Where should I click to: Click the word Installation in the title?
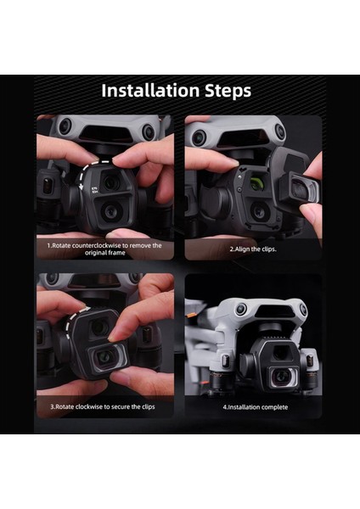click(x=150, y=90)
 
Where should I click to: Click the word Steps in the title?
click(x=228, y=91)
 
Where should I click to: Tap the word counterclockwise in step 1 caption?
click(x=97, y=245)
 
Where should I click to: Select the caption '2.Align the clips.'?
click(x=253, y=249)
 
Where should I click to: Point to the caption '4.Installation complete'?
click(x=256, y=407)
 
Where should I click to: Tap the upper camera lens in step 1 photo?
click(x=111, y=182)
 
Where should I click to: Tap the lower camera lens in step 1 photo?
click(x=110, y=211)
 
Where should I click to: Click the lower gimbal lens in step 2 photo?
click(x=259, y=211)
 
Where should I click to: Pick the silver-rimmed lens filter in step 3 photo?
click(x=107, y=357)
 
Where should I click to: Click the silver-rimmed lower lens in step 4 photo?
click(x=282, y=376)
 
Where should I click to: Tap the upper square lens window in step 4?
click(x=280, y=351)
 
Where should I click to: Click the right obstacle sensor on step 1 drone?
click(x=149, y=131)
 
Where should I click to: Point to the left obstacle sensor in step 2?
click(x=199, y=138)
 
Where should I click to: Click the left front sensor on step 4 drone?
click(x=241, y=309)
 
